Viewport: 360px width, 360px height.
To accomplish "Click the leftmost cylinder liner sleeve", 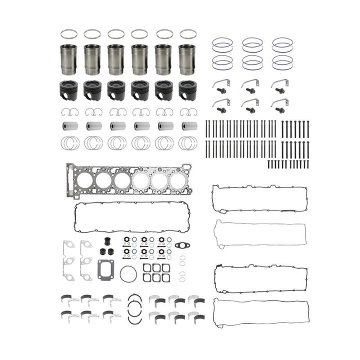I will tap(68, 59).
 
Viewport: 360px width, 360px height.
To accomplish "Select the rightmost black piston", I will tap(187, 90).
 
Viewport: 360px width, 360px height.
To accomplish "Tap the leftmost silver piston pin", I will tap(68, 126).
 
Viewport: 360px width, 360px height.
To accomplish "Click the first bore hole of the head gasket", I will tap(85, 179).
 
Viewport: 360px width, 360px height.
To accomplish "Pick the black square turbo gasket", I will tap(106, 269).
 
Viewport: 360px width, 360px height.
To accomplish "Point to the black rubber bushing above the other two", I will tap(106, 241).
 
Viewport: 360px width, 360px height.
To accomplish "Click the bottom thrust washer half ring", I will tap(134, 319).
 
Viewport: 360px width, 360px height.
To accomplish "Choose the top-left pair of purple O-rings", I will tap(222, 45).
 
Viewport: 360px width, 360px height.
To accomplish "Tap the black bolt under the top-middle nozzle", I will tap(251, 91).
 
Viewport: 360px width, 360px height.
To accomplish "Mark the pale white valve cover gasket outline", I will tap(260, 232).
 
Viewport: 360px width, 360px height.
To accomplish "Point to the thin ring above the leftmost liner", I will tap(68, 34).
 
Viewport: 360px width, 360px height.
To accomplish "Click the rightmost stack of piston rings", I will tap(188, 143).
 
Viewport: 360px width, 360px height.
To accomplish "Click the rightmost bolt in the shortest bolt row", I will tap(307, 163).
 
